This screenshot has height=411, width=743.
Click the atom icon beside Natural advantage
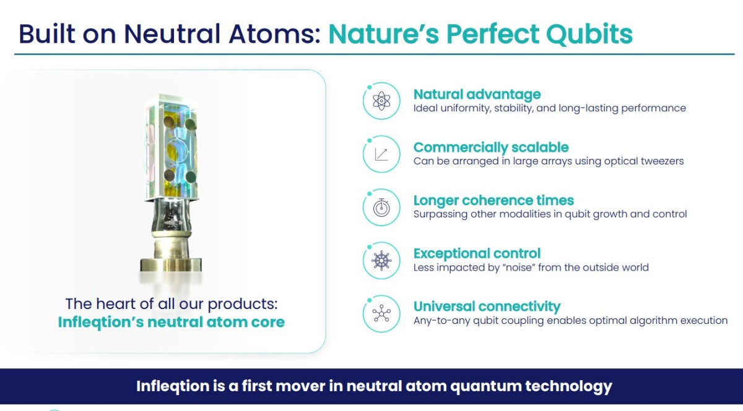[381, 101]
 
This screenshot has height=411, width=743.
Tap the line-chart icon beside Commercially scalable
[381, 155]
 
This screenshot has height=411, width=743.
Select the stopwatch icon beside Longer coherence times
[381, 208]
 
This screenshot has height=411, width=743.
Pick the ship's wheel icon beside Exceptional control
[381, 261]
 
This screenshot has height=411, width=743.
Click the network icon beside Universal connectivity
[381, 313]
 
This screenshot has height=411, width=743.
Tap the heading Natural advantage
[477, 95]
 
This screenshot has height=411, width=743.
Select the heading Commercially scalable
[491, 147]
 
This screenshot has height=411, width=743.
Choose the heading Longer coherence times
[493, 201]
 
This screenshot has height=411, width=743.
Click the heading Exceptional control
[477, 253]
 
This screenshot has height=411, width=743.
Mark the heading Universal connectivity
[487, 307]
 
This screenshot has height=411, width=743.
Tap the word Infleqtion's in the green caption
[101, 322]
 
